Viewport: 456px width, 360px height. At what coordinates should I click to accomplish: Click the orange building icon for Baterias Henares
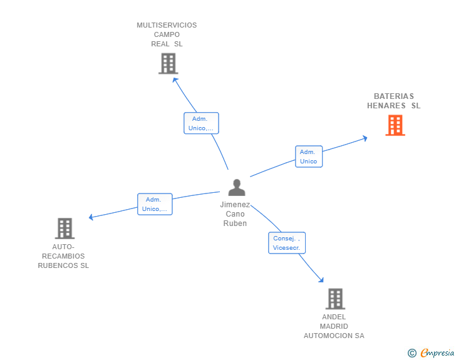(x=395, y=125)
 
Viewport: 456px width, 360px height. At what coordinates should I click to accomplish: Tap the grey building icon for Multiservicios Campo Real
(x=168, y=63)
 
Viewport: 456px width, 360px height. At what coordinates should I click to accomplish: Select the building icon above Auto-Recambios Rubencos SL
(x=65, y=229)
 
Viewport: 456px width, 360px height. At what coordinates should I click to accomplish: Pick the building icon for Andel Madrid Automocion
(x=335, y=299)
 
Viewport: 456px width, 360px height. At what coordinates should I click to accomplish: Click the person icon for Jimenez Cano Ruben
(x=237, y=188)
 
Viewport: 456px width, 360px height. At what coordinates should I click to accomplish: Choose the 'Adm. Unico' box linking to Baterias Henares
(x=309, y=157)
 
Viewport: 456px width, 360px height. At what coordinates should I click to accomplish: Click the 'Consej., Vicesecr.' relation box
(x=287, y=243)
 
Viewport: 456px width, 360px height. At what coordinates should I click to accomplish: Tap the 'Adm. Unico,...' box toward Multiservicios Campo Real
(x=201, y=123)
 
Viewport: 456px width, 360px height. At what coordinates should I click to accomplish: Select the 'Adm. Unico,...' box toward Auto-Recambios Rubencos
(x=155, y=204)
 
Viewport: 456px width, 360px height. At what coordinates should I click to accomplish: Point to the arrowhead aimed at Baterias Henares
(x=365, y=138)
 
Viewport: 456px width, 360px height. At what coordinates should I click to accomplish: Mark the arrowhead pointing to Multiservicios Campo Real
(x=175, y=80)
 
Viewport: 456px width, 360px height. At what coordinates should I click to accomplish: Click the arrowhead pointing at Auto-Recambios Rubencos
(x=91, y=217)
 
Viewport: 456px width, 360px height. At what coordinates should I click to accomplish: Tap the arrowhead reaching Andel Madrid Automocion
(x=321, y=280)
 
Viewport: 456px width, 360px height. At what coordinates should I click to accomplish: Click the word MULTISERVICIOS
(x=167, y=25)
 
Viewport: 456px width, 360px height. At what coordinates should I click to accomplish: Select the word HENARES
(x=386, y=106)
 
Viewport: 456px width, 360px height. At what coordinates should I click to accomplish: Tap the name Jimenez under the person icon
(x=235, y=205)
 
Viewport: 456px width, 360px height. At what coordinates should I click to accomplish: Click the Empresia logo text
(x=437, y=352)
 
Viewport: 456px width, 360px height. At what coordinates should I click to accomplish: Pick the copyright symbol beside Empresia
(x=412, y=353)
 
